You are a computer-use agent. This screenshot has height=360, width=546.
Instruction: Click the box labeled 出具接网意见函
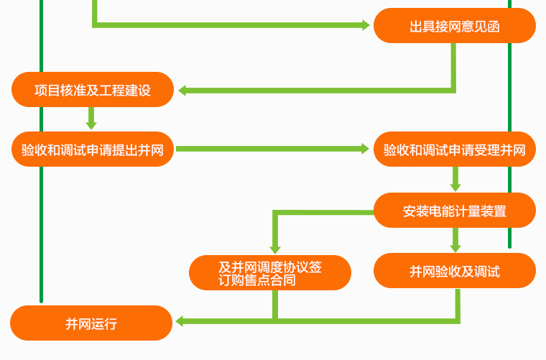point(454,26)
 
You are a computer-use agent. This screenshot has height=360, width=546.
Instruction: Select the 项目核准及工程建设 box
point(93,90)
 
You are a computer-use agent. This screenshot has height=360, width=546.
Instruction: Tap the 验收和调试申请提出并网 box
point(93,149)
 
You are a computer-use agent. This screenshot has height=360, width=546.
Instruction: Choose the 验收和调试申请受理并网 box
point(454,149)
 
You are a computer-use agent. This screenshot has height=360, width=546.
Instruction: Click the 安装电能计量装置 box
point(454,211)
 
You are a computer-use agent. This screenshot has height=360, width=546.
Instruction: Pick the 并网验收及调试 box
point(454,271)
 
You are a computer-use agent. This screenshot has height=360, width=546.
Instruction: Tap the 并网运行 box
point(91,323)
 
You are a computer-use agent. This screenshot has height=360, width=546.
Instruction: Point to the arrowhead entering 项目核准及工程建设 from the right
point(183,91)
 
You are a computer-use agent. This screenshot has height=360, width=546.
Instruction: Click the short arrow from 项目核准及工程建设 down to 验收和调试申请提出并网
point(91,119)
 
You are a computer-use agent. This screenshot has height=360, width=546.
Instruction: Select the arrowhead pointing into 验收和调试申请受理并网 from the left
point(365,149)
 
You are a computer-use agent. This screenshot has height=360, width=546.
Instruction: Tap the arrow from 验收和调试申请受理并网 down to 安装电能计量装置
point(455,179)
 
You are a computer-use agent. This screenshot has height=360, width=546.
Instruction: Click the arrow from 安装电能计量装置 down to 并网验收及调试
point(455,240)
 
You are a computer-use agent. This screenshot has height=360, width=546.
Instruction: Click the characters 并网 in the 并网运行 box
point(78,323)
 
